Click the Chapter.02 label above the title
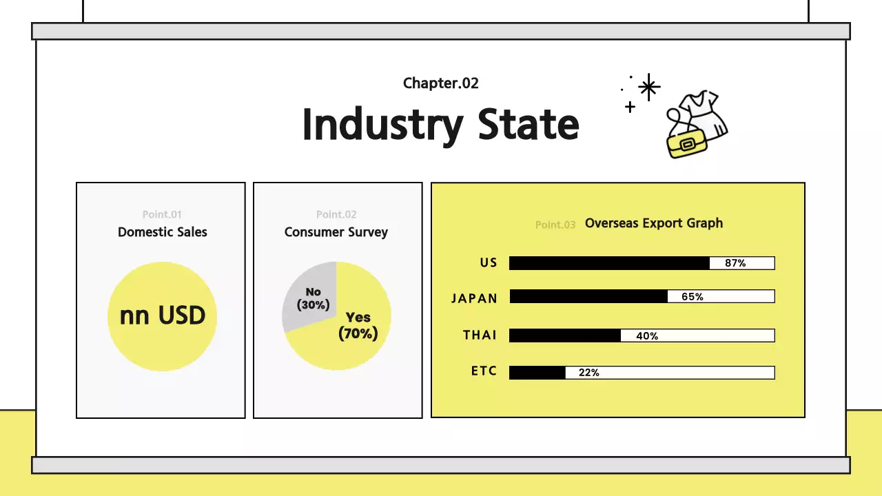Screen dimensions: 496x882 pos(441,83)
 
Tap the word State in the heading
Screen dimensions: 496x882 pos(529,125)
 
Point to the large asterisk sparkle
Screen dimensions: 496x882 pos(648,87)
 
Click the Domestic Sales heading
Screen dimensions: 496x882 pos(163,232)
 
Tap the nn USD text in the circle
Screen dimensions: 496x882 pos(163,316)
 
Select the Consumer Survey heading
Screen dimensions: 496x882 pos(336,232)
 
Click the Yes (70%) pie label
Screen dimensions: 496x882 pos(358,326)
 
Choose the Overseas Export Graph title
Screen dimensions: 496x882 pos(654,223)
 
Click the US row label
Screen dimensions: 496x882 pos(489,262)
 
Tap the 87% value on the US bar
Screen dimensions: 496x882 pos(735,263)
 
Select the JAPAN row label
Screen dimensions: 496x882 pos(474,298)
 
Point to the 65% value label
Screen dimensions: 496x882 pos(693,297)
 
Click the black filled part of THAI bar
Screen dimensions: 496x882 pos(565,335)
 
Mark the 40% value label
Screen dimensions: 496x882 pos(647,336)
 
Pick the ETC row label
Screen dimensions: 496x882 pos(484,371)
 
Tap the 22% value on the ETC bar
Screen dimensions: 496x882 pos(589,373)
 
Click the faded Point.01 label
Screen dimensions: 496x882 pos(162,214)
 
